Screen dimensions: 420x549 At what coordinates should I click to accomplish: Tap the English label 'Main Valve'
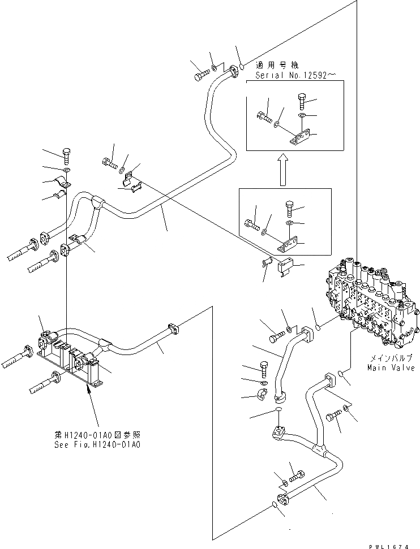(x=391, y=368)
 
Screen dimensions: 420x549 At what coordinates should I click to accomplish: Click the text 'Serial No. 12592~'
(x=292, y=75)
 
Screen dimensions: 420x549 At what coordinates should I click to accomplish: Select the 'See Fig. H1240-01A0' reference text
(x=97, y=445)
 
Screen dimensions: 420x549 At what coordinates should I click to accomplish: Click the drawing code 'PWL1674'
(x=388, y=546)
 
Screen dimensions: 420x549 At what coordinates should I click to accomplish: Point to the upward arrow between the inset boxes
(x=283, y=171)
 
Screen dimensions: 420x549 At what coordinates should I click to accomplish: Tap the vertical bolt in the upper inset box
(x=302, y=101)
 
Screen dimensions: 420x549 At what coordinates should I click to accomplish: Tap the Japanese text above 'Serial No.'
(x=277, y=65)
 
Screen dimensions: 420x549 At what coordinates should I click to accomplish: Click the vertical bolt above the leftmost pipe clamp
(x=67, y=156)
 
